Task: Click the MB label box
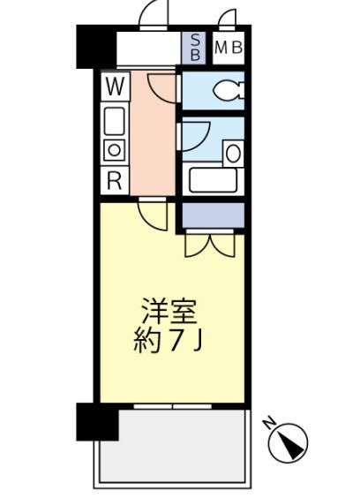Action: (228, 48)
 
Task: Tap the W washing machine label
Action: (115, 87)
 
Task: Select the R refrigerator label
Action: (115, 179)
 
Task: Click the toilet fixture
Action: (229, 89)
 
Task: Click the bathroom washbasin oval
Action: (233, 152)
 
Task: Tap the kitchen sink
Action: (115, 119)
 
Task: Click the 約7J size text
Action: (170, 342)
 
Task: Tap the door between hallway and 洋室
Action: (152, 214)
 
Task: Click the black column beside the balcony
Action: (96, 421)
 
